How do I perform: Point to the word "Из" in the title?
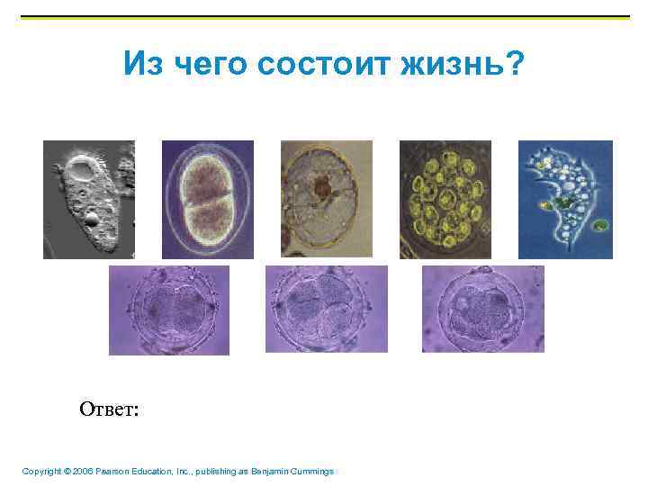[143, 65]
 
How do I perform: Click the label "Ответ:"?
[109, 409]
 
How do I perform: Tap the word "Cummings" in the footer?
[309, 472]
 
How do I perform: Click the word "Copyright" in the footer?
[41, 472]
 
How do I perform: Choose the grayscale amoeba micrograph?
[88, 199]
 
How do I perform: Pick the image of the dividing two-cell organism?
[207, 199]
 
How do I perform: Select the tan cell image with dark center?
[326, 199]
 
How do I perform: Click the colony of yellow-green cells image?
[445, 199]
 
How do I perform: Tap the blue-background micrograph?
[565, 199]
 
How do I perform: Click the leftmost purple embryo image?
[169, 309]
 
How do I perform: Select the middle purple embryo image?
[326, 309]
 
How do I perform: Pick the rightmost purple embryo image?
[482, 309]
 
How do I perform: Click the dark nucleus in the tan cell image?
[320, 188]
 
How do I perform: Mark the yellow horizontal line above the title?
[324, 17]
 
